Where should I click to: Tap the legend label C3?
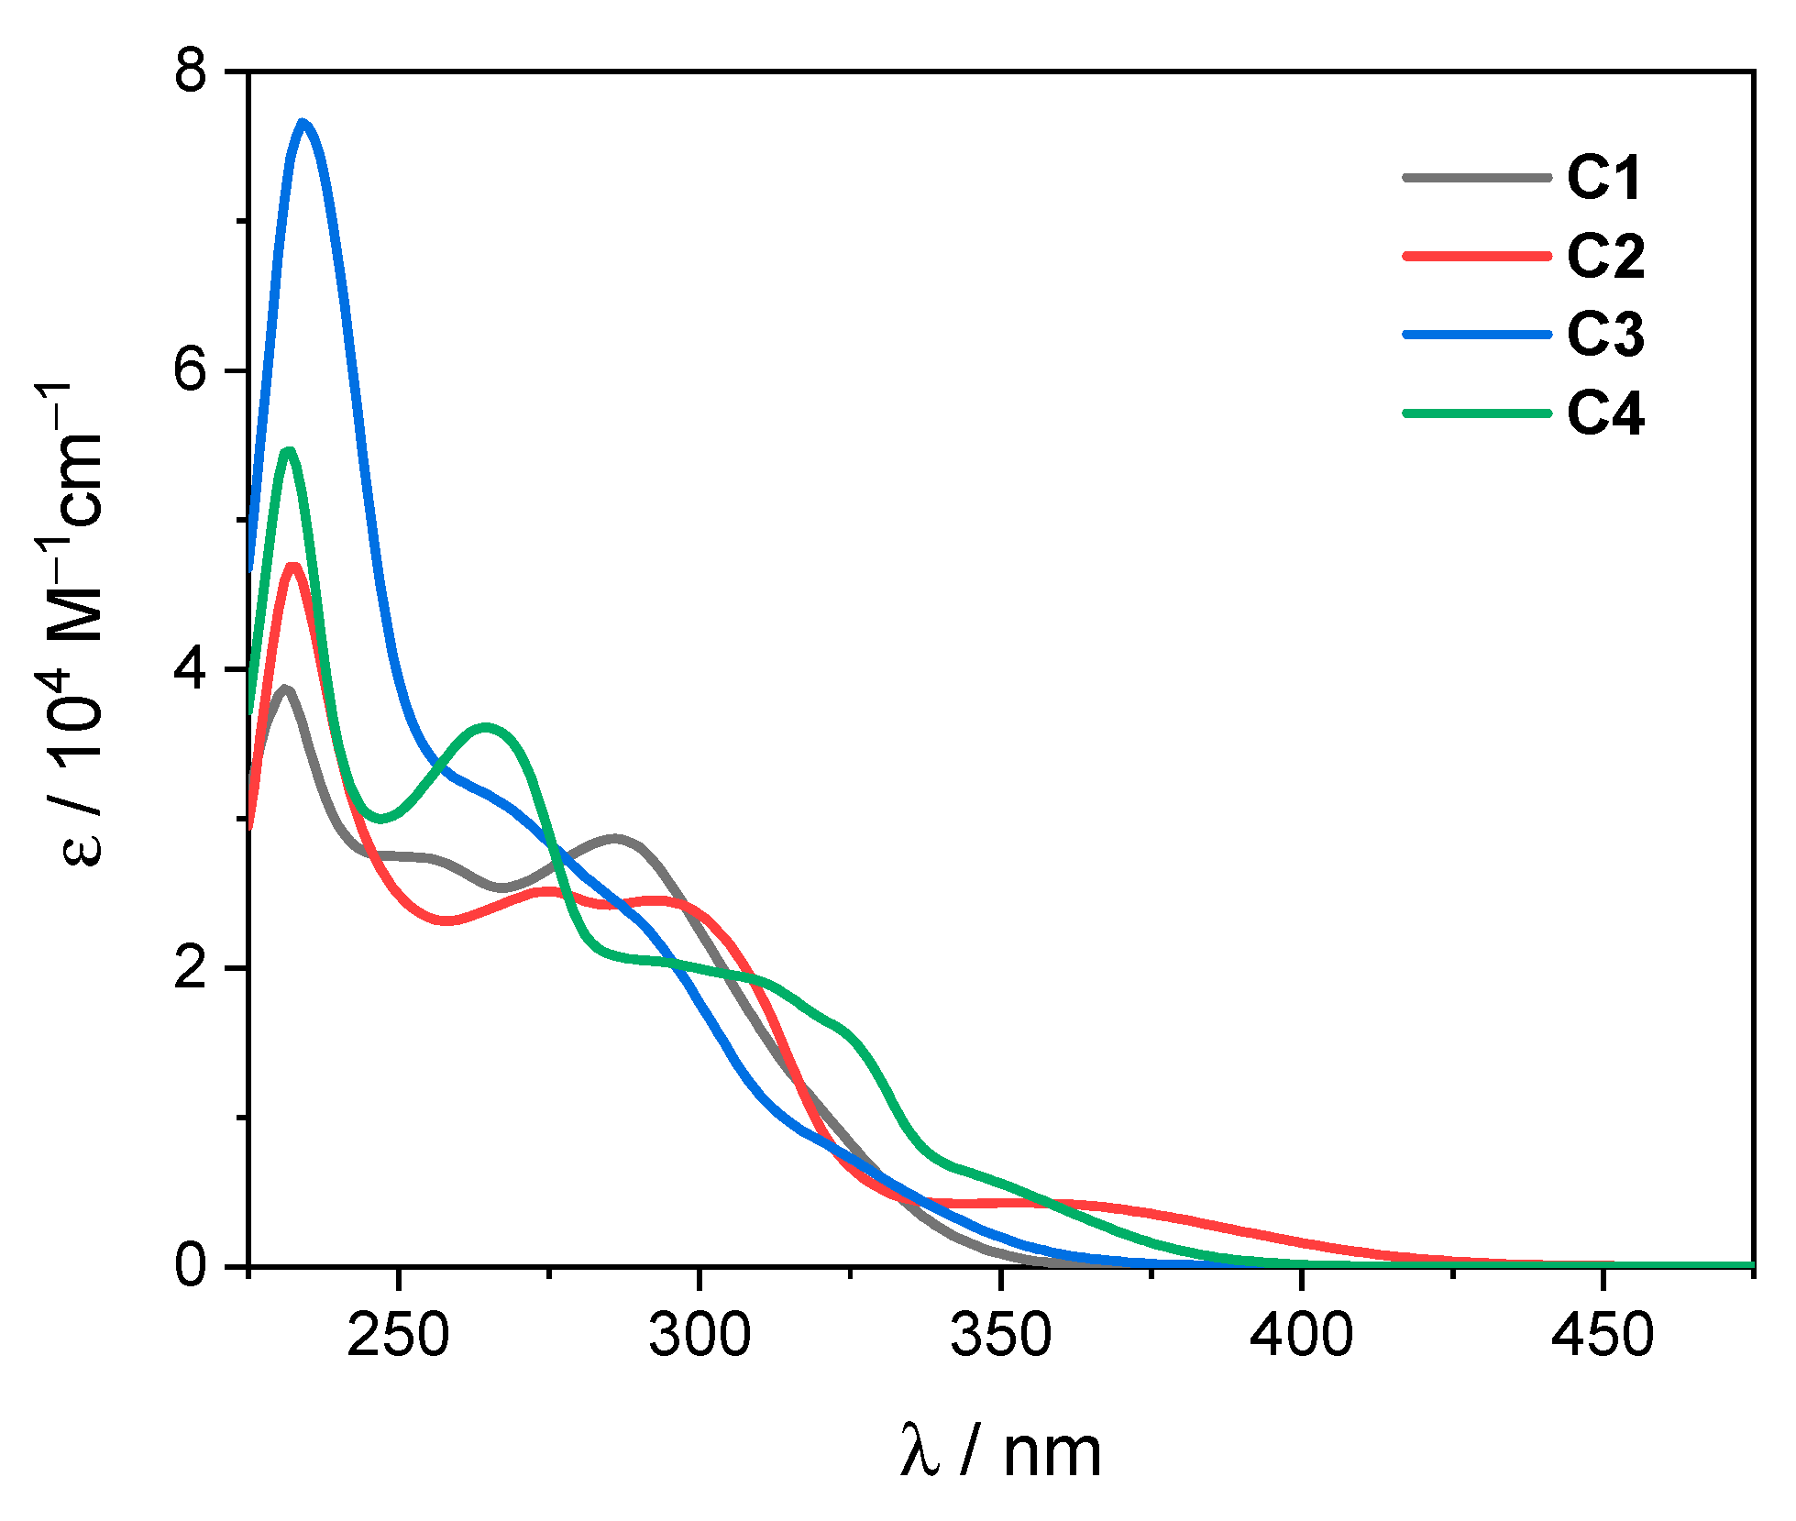[x=1605, y=335]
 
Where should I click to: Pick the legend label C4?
[x=1605, y=413]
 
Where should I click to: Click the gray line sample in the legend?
[x=1477, y=177]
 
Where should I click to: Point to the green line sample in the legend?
[x=1477, y=413]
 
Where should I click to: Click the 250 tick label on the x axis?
[x=398, y=1336]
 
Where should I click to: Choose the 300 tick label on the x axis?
[x=700, y=1336]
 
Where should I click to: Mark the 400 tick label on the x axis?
[x=1301, y=1336]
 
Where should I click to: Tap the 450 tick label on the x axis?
[x=1602, y=1336]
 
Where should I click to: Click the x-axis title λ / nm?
[x=1001, y=1451]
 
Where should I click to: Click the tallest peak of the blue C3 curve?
[x=303, y=123]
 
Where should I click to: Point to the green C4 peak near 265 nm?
[x=487, y=727]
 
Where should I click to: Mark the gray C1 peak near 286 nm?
[x=615, y=838]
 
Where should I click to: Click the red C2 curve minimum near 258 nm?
[x=446, y=920]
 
